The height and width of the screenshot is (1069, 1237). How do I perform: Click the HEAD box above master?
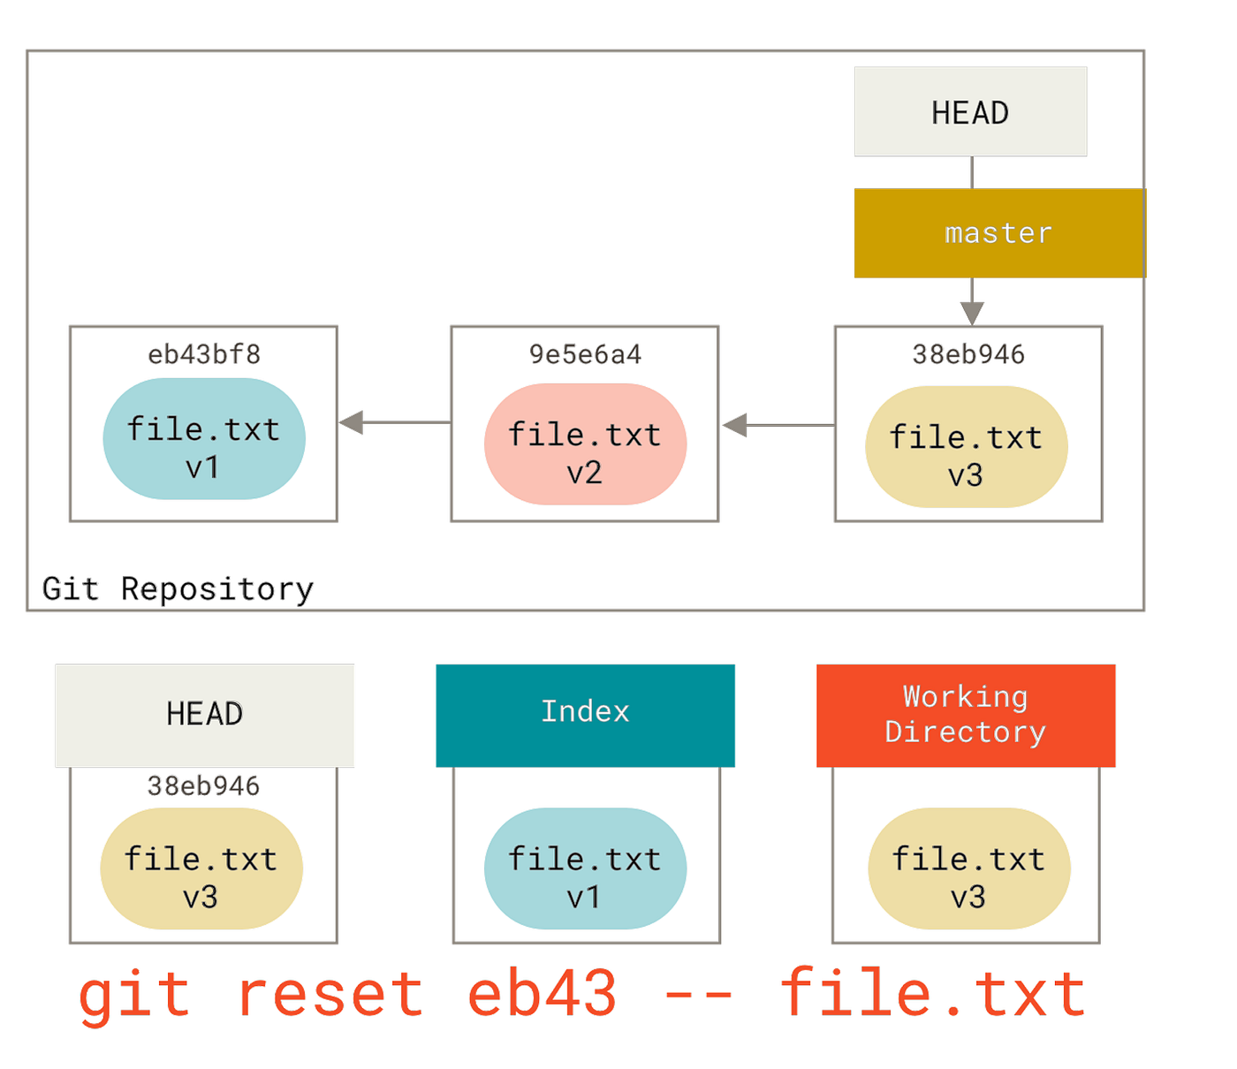(970, 112)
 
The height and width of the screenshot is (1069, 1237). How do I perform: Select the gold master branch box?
(1000, 233)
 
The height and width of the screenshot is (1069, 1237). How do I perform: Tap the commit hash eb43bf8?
(204, 354)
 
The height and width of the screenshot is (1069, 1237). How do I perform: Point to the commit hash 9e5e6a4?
(585, 354)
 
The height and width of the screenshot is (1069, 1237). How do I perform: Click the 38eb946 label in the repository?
(968, 354)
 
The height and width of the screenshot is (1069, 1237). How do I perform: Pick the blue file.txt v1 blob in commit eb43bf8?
(204, 439)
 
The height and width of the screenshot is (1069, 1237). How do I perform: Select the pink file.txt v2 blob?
(585, 444)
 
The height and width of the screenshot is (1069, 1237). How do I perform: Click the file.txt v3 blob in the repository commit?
(967, 447)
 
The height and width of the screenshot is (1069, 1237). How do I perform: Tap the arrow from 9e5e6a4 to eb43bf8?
(395, 422)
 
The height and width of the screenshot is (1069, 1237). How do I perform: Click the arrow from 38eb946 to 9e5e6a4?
(778, 426)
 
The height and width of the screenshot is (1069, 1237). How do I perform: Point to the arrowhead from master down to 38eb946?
(972, 314)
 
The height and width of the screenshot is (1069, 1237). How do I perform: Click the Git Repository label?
(178, 589)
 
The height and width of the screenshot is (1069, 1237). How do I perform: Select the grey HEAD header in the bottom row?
(205, 716)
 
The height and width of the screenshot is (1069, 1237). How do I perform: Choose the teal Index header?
(585, 716)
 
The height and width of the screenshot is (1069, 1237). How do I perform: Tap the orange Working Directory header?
(966, 716)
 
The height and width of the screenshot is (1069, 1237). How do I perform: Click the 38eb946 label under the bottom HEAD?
(203, 786)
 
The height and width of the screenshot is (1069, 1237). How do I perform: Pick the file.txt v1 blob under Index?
(585, 868)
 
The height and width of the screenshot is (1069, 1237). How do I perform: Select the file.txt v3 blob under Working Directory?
(969, 868)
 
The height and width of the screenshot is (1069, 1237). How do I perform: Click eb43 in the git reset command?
(543, 994)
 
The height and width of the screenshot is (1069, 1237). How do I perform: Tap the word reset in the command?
(331, 994)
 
